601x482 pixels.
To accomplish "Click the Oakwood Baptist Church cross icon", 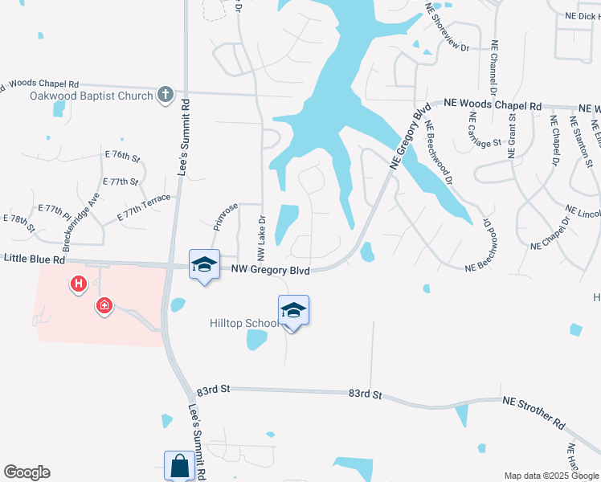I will [x=166, y=95].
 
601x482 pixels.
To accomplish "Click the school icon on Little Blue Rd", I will [x=204, y=264].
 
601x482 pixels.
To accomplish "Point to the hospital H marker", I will [x=79, y=284].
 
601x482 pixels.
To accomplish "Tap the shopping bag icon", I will [x=178, y=466].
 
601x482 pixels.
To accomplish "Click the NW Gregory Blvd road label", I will [x=272, y=272].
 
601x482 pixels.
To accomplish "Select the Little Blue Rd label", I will [x=34, y=259].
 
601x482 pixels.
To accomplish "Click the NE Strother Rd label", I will [x=534, y=411].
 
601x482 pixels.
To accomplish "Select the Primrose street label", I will [x=226, y=216].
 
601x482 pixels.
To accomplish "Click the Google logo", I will [x=27, y=472].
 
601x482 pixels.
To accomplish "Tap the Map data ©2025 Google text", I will [x=550, y=476].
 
